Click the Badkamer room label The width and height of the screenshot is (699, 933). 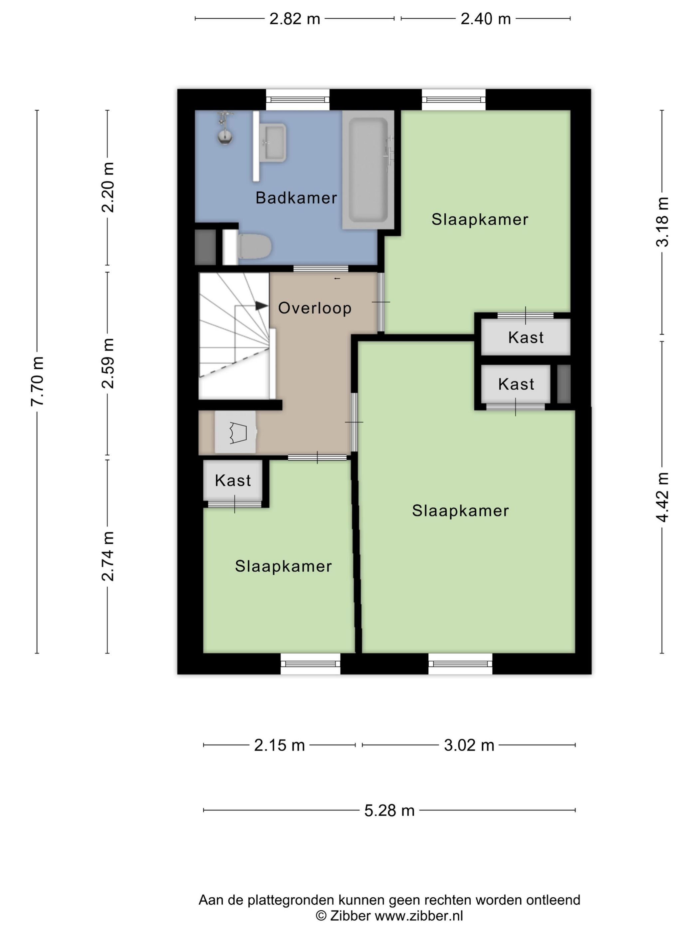tap(296, 198)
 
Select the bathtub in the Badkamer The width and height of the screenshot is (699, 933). tap(368, 170)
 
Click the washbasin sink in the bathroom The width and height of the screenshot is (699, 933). tap(274, 143)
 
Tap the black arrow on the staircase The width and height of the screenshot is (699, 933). tap(262, 305)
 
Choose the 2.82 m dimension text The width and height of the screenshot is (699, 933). tap(295, 19)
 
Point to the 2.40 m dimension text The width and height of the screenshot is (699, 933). tap(485, 19)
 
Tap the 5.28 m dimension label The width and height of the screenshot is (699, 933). tap(389, 811)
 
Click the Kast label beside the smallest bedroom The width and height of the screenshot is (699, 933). tap(233, 480)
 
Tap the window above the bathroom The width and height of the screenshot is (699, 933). tap(298, 100)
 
